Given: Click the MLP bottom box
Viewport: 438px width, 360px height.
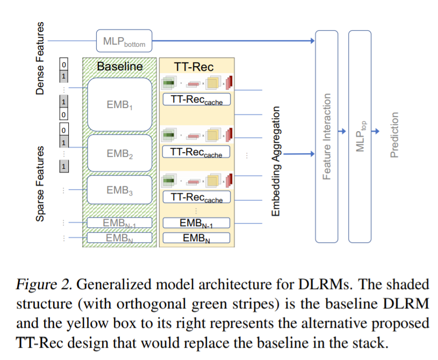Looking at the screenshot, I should tap(124, 40).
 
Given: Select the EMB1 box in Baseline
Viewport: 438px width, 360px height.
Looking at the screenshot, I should tap(119, 105).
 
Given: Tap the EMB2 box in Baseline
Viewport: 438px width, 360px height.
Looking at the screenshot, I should tap(119, 154).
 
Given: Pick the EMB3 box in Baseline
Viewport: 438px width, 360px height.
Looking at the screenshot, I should tap(119, 190).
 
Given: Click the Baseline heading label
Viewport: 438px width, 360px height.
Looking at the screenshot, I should tap(120, 67).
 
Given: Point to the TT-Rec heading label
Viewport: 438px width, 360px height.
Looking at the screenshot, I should tap(194, 67).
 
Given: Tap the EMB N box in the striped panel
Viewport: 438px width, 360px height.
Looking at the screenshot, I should tap(119, 237).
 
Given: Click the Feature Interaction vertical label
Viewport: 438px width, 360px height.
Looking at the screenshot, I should tap(326, 136).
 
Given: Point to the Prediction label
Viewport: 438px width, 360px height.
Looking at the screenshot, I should tap(395, 134).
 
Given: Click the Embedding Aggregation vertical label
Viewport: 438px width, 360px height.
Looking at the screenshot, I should tap(276, 161).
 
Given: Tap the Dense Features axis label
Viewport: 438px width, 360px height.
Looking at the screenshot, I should tap(40, 59).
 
